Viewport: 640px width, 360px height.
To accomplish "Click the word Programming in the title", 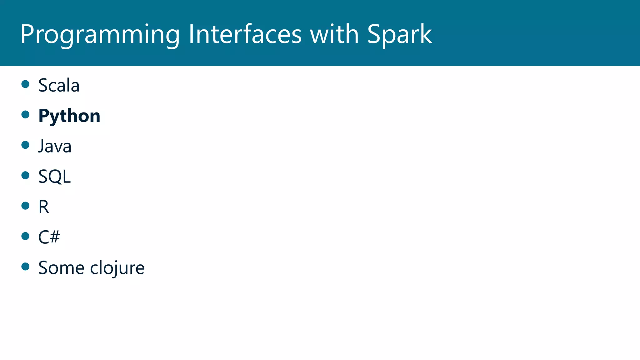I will pos(100,34).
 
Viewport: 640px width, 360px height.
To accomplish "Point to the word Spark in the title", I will pos(400,34).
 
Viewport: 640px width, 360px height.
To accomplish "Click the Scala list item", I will pos(59,85).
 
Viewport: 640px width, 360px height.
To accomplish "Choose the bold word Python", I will pos(69,116).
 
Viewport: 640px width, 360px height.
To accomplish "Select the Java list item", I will pos(55,146).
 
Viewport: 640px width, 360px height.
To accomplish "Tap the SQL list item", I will pos(54,177).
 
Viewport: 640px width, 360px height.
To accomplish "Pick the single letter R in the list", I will pos(43,207).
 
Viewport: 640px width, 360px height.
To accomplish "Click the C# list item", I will pos(49,237).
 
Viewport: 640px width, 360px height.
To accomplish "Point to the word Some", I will pos(61,267).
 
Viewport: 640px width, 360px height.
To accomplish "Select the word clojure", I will pos(117,268).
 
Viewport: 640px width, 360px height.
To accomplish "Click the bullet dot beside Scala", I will pos(25,84).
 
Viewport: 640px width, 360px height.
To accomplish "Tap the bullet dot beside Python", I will pos(25,114).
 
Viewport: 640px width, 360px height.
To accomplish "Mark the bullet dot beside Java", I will pos(25,145).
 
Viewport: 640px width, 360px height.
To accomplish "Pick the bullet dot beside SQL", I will pos(25,175).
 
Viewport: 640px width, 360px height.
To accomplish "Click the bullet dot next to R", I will pos(25,206).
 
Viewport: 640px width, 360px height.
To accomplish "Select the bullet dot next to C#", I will pos(25,236).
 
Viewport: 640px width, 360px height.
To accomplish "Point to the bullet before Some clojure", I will pos(25,266).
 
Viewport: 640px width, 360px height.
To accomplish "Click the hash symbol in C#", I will pos(55,237).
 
